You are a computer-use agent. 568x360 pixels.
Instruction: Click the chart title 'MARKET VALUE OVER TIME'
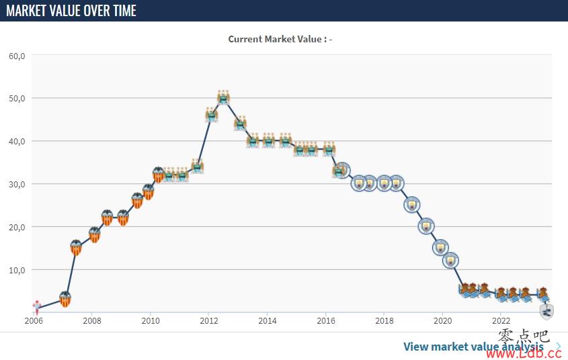[x=71, y=11]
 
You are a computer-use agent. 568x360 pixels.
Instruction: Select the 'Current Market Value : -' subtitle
[x=280, y=39]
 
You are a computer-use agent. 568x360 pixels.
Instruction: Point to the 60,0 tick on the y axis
[x=17, y=56]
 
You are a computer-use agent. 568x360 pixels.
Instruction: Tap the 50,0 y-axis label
[x=17, y=99]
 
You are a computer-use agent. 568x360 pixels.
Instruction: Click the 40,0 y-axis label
[x=17, y=142]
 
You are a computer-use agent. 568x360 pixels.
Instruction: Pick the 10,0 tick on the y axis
[x=17, y=270]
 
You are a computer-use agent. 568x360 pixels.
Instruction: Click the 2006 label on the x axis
[x=34, y=321]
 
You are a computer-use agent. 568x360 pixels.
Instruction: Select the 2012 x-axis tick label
[x=209, y=321]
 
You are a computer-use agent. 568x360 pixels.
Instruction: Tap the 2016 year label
[x=326, y=321]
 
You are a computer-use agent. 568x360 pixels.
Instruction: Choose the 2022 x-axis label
[x=501, y=321]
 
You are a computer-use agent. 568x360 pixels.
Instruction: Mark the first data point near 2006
[x=36, y=307]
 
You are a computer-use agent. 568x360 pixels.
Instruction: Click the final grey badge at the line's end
[x=546, y=311]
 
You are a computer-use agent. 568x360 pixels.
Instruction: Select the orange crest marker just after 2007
[x=76, y=247]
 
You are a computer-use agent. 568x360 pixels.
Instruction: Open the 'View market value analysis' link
[x=473, y=347]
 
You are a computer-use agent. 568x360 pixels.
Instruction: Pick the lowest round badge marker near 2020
[x=450, y=261]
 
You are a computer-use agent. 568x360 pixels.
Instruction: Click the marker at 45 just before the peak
[x=212, y=115]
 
